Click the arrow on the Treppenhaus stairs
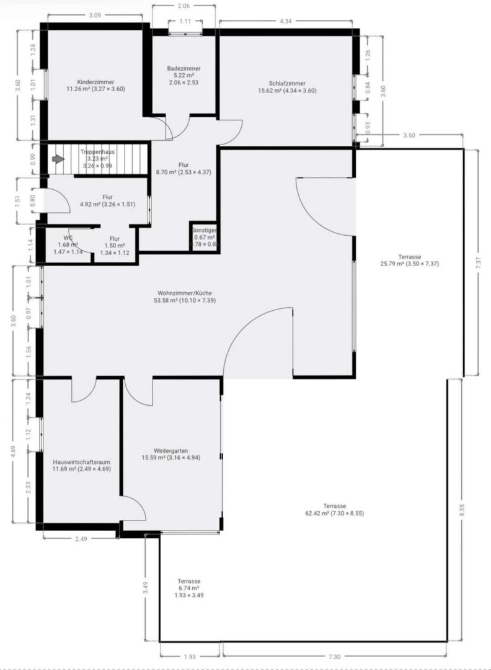(58, 159)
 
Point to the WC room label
(68, 238)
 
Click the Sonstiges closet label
(203, 230)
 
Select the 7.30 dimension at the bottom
(334, 657)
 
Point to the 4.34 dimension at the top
(285, 21)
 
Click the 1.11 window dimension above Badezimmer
(184, 21)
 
